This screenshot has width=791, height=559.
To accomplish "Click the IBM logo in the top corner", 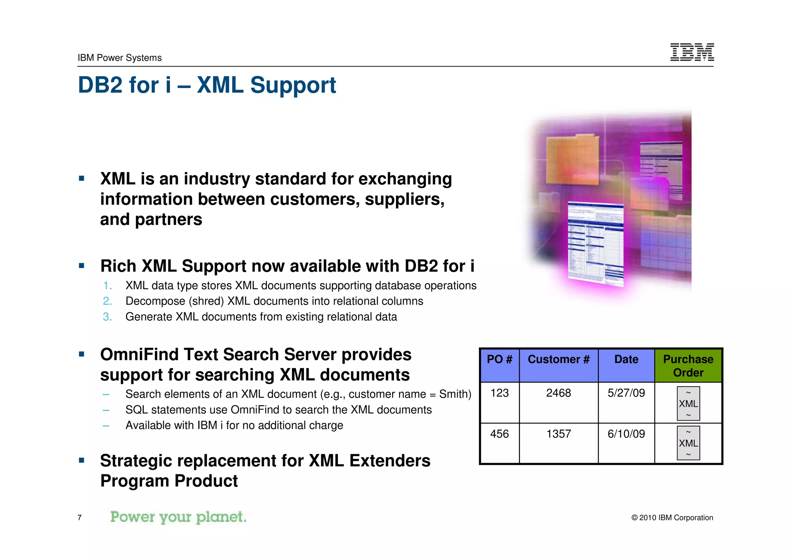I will [692, 52].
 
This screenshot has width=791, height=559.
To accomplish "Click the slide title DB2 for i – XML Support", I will [207, 85].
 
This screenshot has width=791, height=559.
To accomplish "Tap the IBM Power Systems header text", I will [119, 58].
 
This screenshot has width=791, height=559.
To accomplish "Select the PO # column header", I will [499, 360].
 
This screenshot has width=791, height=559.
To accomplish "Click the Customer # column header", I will [558, 360].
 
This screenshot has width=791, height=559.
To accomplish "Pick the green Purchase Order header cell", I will [688, 365].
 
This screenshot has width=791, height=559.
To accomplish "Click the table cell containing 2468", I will [558, 393].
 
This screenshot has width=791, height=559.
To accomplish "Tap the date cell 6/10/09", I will [626, 434].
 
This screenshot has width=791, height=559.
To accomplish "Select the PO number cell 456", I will [499, 434].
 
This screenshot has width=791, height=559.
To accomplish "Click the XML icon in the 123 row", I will [688, 404].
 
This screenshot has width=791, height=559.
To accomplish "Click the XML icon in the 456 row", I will [688, 443].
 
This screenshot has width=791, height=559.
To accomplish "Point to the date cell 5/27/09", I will [626, 393].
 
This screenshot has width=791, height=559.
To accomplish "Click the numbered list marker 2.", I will [107, 301].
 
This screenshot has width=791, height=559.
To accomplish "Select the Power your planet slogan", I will [178, 517].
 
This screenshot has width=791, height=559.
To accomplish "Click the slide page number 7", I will [80, 518].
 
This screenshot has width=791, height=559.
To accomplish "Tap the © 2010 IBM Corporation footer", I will [672, 518].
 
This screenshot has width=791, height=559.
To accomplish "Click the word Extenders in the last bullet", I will [390, 461].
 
